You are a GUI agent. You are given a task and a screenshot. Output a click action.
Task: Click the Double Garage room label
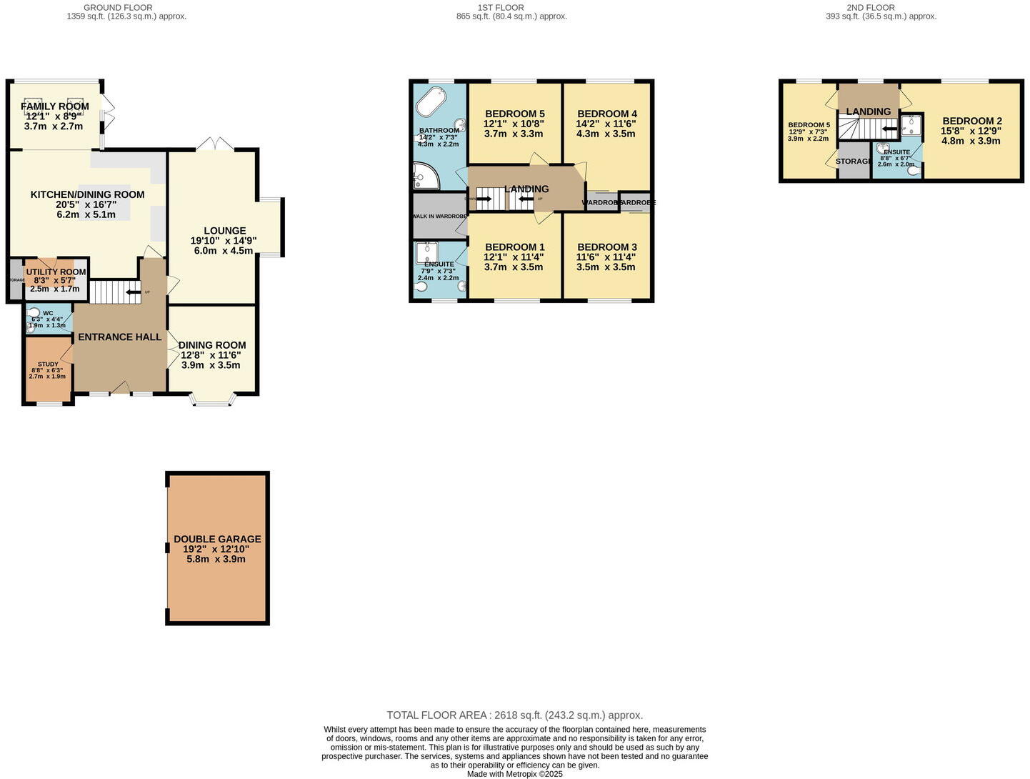[x=217, y=539]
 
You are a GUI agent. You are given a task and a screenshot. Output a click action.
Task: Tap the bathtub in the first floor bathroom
[x=431, y=103]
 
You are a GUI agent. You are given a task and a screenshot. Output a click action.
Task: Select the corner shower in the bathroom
[x=426, y=176]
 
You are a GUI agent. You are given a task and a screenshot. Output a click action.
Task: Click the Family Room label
[x=55, y=106]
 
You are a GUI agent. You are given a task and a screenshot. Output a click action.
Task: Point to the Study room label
[x=48, y=364]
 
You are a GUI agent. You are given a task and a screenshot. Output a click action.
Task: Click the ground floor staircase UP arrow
[x=133, y=292]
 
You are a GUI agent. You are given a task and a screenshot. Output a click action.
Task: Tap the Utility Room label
[x=56, y=272]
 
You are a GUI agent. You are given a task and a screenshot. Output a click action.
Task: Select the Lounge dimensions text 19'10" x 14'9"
[x=224, y=241]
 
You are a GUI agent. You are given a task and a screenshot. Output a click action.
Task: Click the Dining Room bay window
[x=212, y=400]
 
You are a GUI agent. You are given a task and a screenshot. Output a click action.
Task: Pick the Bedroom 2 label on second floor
[x=971, y=121]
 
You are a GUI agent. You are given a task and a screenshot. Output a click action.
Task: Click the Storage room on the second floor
[x=854, y=162]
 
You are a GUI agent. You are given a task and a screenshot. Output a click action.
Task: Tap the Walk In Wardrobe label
[x=439, y=216]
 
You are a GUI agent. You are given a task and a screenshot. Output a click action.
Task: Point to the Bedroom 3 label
[x=606, y=247]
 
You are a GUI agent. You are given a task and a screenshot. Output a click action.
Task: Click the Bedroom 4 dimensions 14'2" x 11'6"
[x=606, y=124]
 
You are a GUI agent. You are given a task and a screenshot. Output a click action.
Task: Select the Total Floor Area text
[x=514, y=715]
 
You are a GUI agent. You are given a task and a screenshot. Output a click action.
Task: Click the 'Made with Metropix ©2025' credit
[x=514, y=774]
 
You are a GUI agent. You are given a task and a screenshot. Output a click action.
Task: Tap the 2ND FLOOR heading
[x=870, y=7]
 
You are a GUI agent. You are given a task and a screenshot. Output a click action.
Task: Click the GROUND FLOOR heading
[x=118, y=7]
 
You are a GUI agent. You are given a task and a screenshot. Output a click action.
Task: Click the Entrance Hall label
[x=119, y=337]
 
